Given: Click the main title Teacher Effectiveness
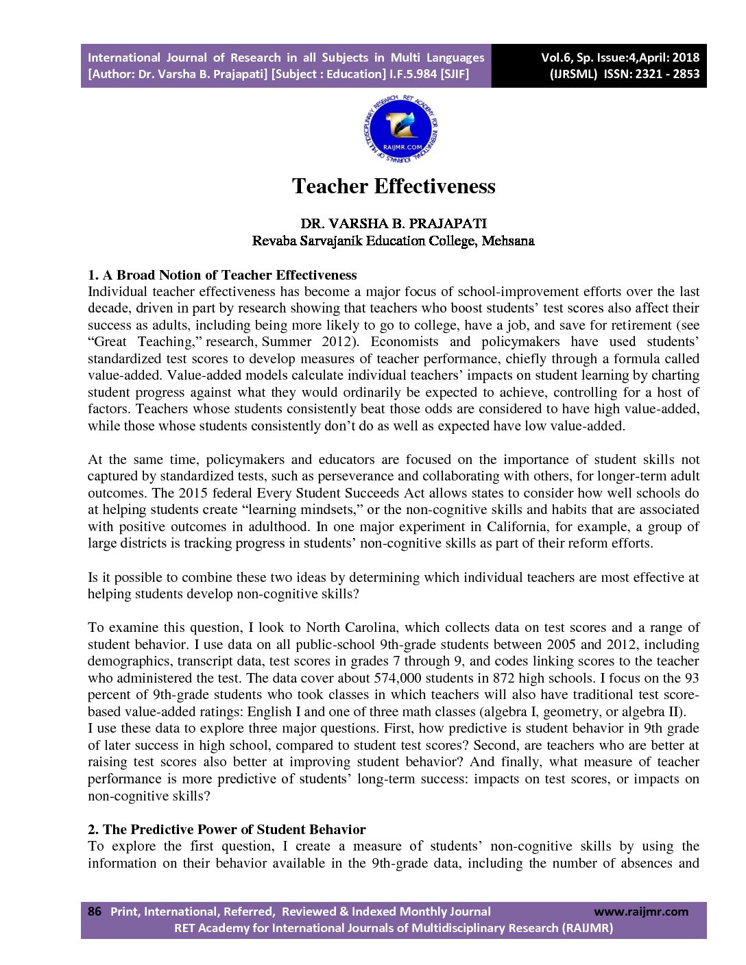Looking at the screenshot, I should (394, 186).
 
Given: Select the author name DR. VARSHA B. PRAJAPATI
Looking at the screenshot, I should (394, 223).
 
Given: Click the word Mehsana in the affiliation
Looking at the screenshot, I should (508, 241).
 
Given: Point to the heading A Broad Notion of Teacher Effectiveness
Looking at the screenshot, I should (222, 276).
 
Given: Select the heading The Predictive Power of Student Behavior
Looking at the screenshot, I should (227, 829).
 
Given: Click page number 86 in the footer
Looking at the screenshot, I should (95, 911).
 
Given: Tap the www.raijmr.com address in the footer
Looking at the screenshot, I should (640, 912).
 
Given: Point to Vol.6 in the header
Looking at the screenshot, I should (556, 58).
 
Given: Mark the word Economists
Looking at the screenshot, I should (404, 342).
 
